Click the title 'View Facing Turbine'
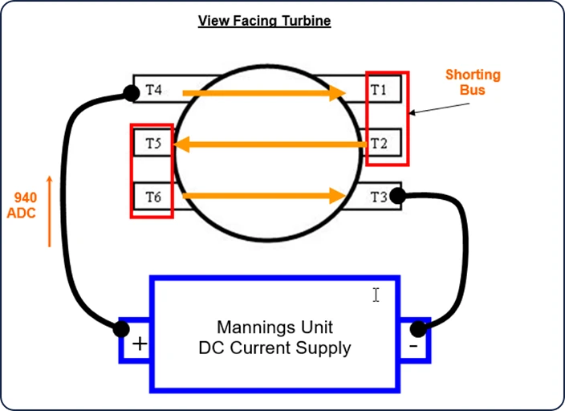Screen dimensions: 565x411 coord(265,21)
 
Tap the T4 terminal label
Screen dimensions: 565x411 coord(153,89)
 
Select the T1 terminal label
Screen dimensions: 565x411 coord(378,89)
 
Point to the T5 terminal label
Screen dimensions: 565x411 coord(153,144)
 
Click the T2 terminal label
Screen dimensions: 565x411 coord(379,144)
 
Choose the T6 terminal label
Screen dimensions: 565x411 coord(153,197)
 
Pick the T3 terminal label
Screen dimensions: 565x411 coord(379,197)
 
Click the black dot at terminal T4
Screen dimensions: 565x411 coord(131,93)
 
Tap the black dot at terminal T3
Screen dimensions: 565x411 coord(398,196)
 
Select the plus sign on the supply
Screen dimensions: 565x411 coord(140,344)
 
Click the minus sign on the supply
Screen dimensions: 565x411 coord(413,347)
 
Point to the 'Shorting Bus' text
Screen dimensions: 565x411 coord(473,82)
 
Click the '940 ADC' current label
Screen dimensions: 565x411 coord(22,205)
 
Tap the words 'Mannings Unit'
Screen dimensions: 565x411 coord(275,328)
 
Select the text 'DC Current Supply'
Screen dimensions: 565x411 coord(275,348)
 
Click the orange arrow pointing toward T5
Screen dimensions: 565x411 coord(270,144)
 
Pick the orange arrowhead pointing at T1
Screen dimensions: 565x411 coord(338,93)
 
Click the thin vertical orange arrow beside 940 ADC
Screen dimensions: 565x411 coord(50,212)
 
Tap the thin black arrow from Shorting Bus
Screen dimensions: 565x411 coord(440,108)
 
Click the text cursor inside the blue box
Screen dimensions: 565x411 coord(376,295)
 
